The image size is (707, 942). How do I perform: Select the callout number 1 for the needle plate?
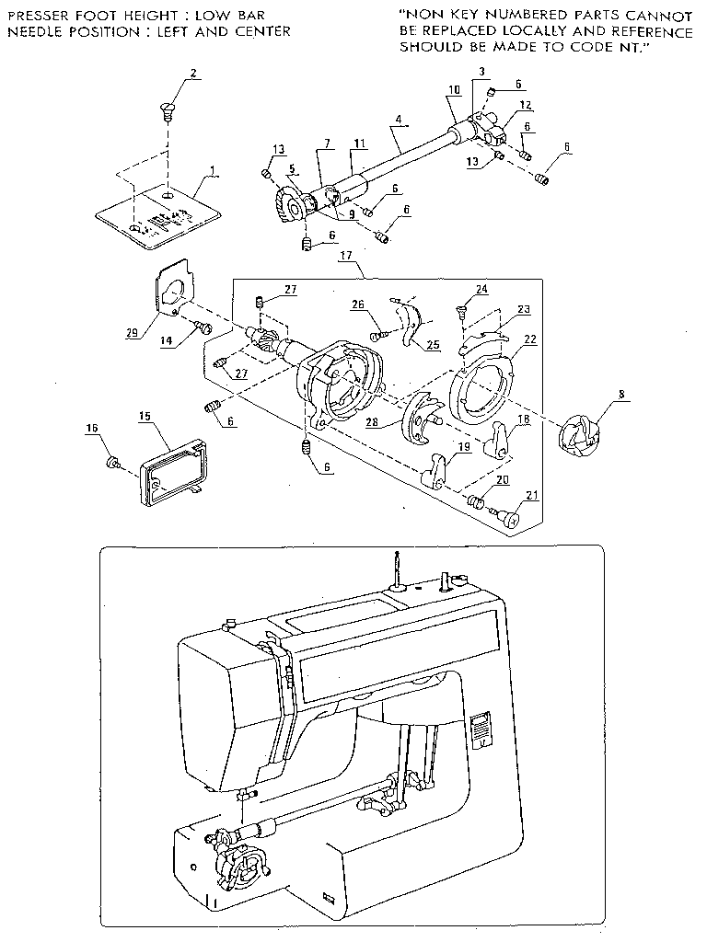[213, 170]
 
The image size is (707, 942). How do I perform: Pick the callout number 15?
[144, 417]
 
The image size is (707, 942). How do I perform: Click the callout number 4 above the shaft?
[397, 119]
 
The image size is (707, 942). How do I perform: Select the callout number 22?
[529, 339]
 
